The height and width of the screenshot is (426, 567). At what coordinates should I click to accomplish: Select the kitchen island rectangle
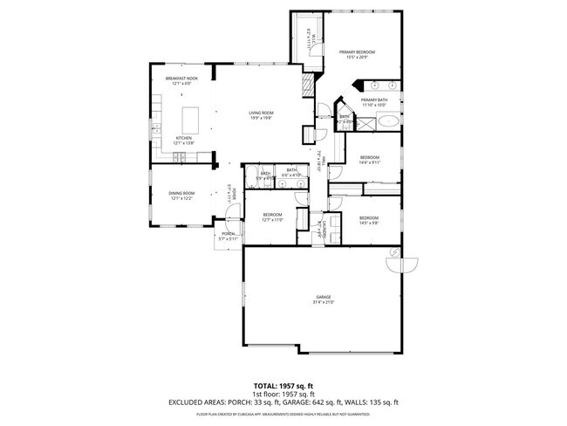pos(191,117)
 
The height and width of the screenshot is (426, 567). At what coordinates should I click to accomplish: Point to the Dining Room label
pos(181,196)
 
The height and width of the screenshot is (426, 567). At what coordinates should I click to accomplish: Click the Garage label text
pos(323,299)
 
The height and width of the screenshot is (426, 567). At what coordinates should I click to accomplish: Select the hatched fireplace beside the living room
pos(306,85)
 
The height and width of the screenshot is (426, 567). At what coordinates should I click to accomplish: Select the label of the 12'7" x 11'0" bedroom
pos(273,216)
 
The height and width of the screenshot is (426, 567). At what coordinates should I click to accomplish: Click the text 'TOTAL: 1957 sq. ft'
pos(283,385)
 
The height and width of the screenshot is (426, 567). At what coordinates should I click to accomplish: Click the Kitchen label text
pos(184,139)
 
